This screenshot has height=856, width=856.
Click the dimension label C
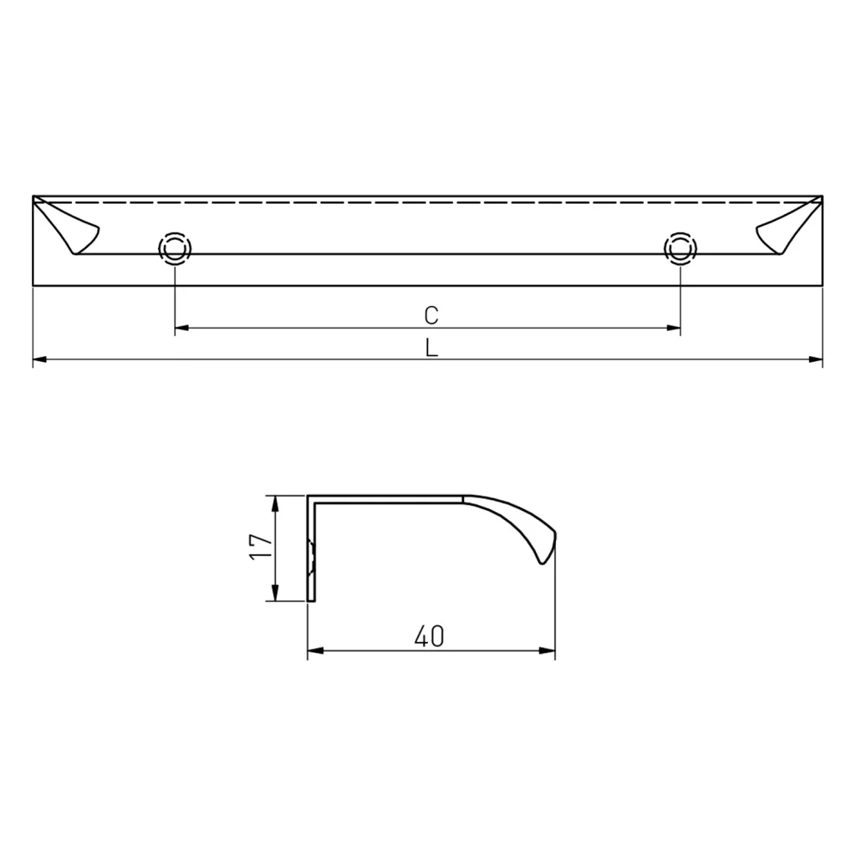(x=431, y=315)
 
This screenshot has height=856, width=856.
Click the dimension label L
(x=431, y=348)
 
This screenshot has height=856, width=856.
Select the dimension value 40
(x=429, y=637)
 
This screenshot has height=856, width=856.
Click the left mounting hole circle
(x=174, y=248)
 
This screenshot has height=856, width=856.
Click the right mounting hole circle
(x=679, y=248)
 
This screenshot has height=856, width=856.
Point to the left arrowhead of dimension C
(x=181, y=329)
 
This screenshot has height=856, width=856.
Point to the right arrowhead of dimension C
(x=673, y=329)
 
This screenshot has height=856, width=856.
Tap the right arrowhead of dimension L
(x=817, y=360)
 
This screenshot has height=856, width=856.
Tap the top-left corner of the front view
(x=33, y=197)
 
